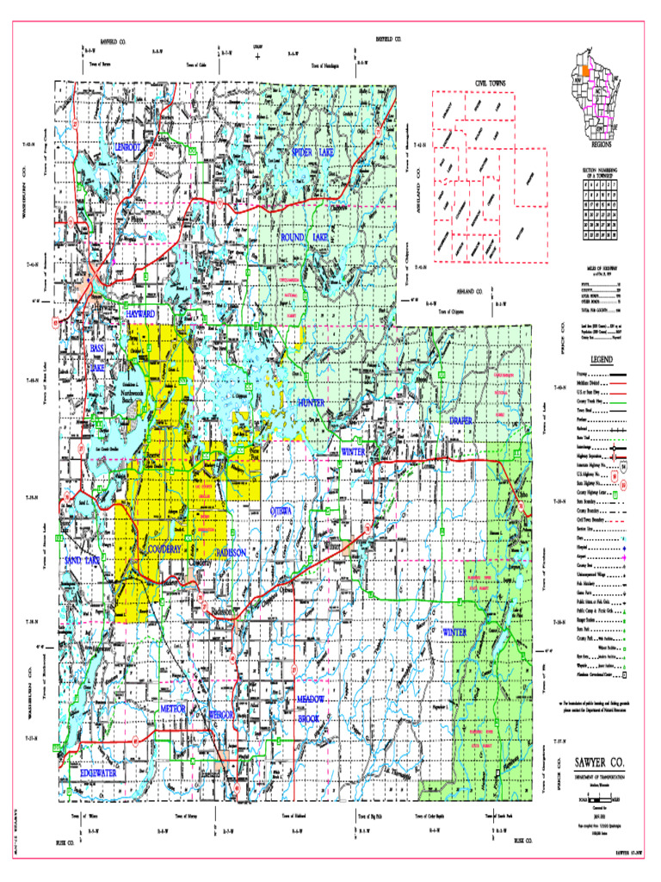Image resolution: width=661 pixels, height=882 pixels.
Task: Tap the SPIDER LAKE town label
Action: [313, 152]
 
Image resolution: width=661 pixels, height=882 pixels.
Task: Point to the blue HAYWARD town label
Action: [140, 314]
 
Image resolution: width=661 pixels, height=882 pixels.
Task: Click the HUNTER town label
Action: [311, 402]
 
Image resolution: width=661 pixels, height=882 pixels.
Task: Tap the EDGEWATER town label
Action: [98, 773]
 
